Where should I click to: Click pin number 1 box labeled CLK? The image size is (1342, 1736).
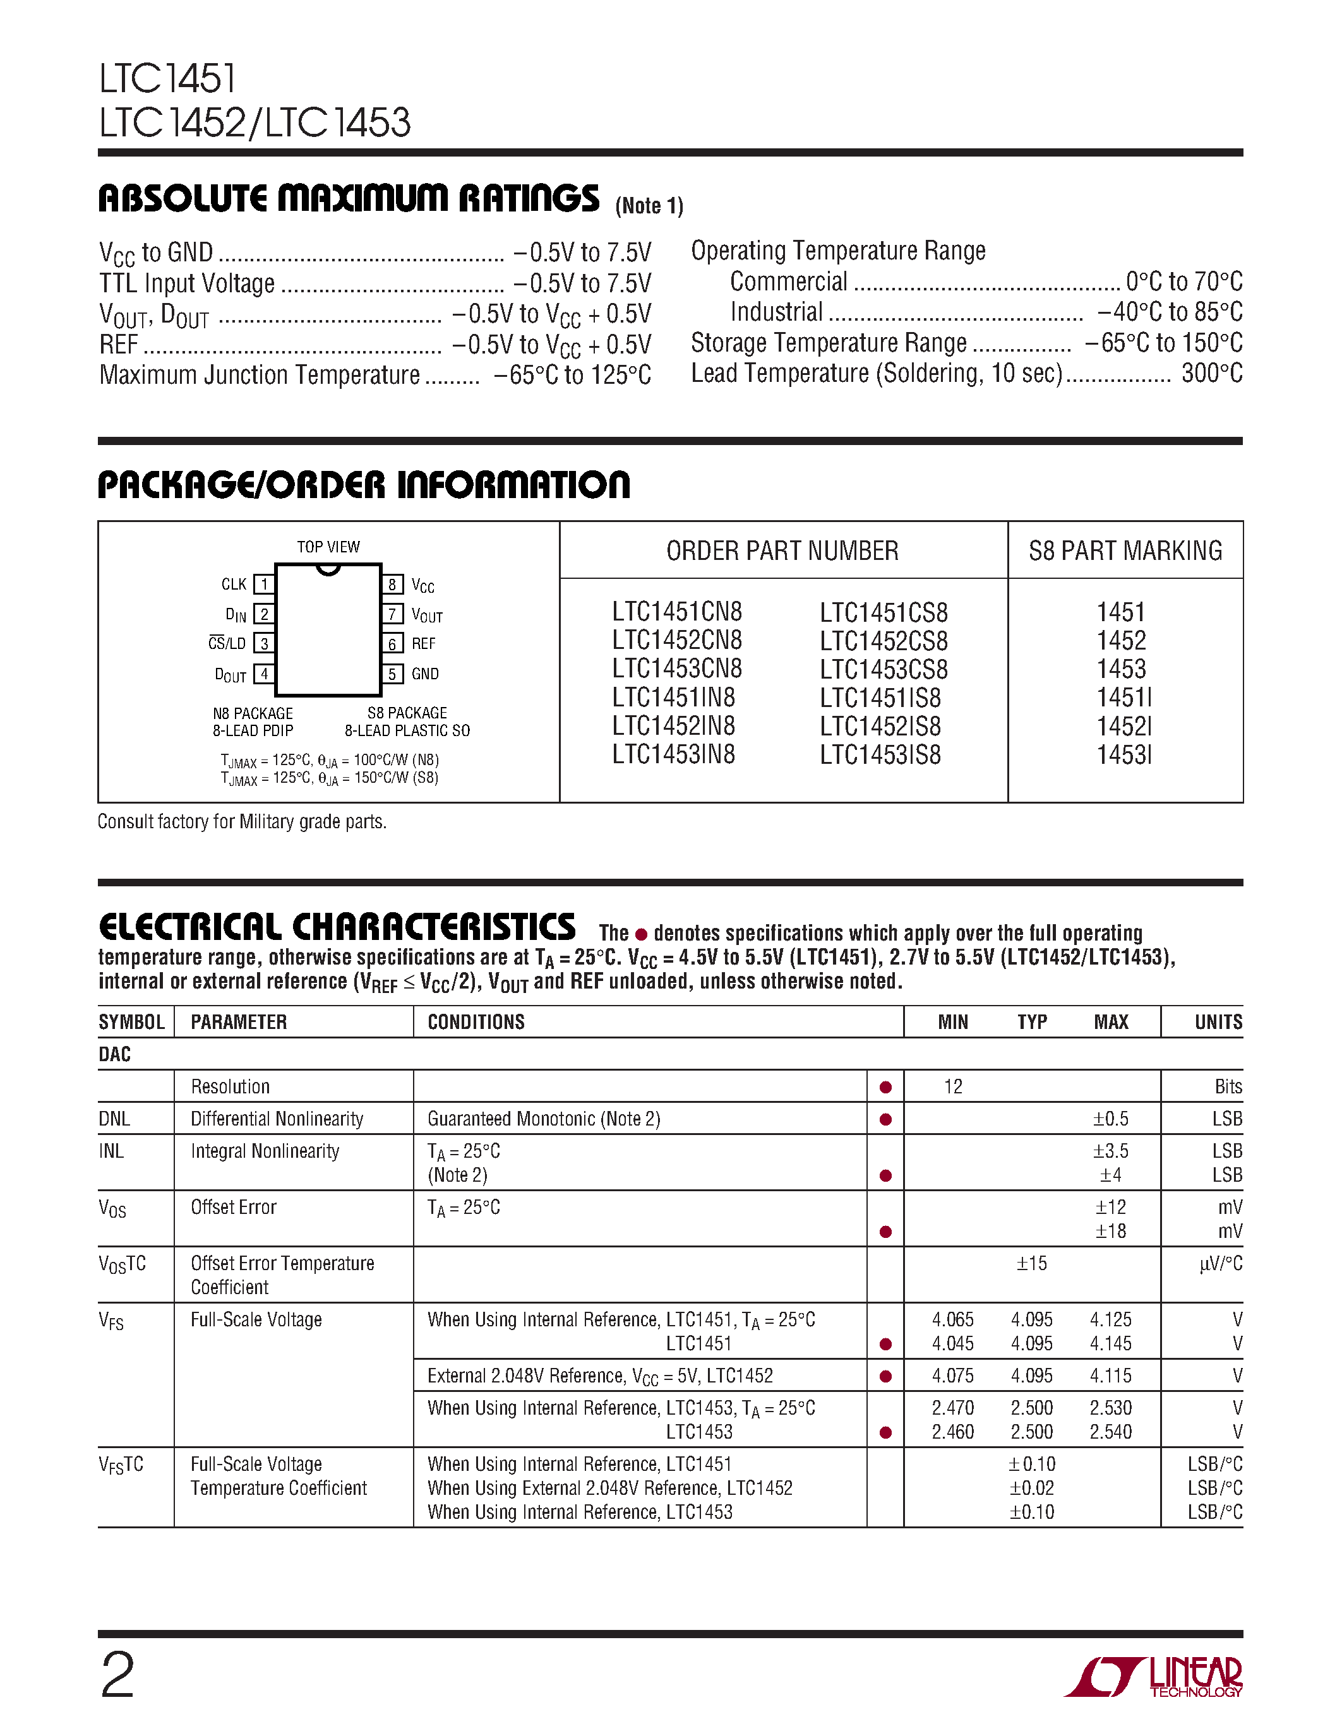pos(264,584)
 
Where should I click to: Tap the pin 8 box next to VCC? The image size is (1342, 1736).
pos(392,584)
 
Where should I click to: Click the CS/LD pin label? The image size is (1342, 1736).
pos(227,643)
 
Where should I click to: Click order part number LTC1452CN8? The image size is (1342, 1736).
pos(676,641)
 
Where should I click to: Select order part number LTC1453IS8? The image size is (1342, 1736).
pos(880,754)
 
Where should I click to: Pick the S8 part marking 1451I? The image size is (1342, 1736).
pos(1123,698)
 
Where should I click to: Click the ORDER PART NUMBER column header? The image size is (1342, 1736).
pos(782,551)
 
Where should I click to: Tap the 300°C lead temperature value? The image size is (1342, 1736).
pos(1212,374)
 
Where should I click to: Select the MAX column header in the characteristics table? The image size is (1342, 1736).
pos(1111,1022)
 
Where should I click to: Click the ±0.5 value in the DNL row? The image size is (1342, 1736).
pos(1111,1119)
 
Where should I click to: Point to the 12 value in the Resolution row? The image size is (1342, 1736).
pos(952,1086)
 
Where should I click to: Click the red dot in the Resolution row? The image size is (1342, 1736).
pos(885,1088)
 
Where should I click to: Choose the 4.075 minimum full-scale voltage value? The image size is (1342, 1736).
pos(952,1376)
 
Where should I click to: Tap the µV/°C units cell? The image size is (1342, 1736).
pos(1220,1264)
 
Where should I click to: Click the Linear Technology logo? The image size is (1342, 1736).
pos(1153,1677)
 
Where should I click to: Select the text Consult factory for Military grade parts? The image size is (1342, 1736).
pos(242,822)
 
